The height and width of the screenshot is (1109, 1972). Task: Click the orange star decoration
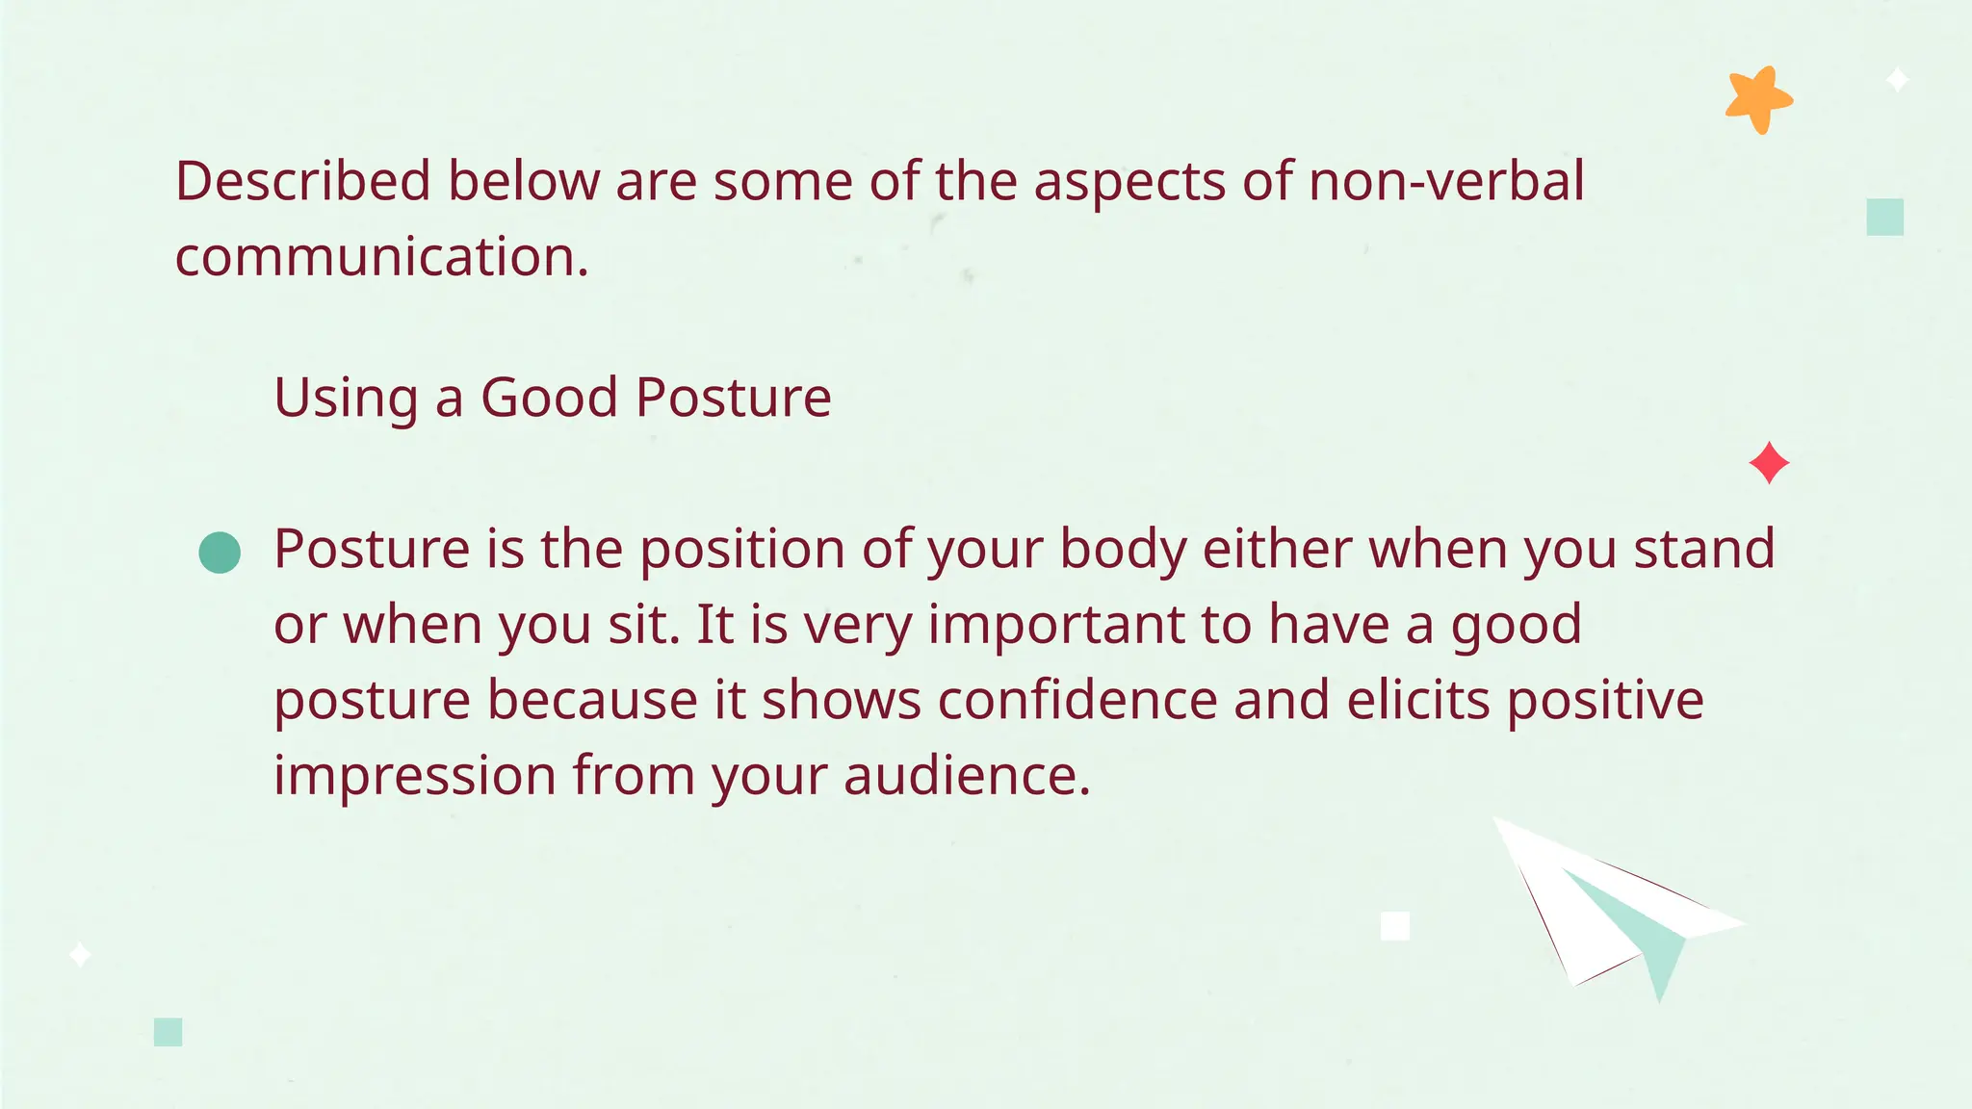[1757, 100]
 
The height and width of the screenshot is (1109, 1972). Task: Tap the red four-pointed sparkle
[1769, 463]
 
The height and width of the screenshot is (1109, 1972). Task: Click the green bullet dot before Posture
[220, 553]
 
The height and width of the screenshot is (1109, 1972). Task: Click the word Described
[302, 181]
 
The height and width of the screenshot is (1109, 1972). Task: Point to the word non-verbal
[1446, 181]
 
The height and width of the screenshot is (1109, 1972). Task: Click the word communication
[381, 257]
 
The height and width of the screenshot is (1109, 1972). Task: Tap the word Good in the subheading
[549, 397]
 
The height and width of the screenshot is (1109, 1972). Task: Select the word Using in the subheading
[346, 397]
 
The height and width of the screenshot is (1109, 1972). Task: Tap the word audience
[967, 775]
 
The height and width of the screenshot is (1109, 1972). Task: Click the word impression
[415, 775]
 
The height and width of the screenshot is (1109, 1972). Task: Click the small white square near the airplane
[1395, 926]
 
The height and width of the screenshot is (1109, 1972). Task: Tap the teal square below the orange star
[1884, 217]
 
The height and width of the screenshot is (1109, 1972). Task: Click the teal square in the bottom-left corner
[169, 1032]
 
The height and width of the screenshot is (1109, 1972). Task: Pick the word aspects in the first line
[1129, 183]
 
